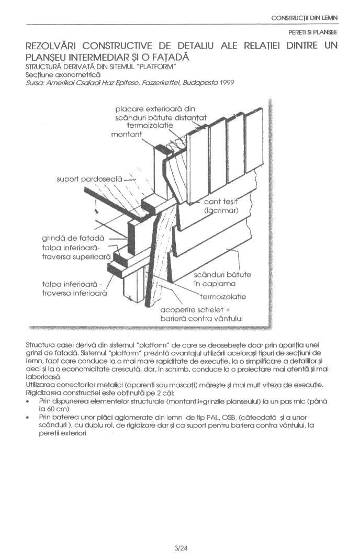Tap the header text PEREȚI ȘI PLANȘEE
(312, 32)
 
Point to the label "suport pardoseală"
(89, 179)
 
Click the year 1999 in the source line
(227, 83)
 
